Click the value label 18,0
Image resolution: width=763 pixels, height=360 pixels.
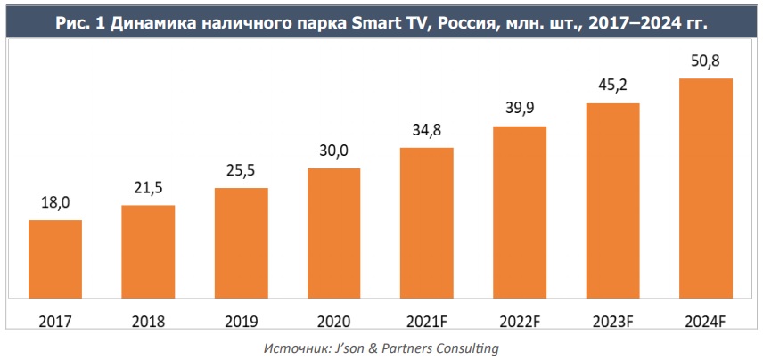[55, 203]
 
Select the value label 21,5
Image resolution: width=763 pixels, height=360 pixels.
[148, 189]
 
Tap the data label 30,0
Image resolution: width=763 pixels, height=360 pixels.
[334, 151]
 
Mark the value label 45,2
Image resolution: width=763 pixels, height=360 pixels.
[613, 86]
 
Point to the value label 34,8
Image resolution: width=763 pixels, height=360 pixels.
[427, 131]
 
